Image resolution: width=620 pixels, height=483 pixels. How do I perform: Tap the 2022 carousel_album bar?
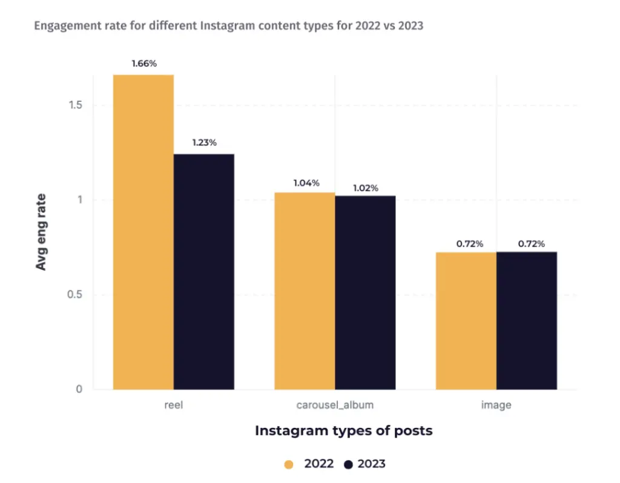[x=305, y=291]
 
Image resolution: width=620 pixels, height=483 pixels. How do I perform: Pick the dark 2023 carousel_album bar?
[x=365, y=293]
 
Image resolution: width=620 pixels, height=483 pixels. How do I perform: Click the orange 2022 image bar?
[x=466, y=321]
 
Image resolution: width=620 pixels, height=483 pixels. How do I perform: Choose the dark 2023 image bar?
[x=527, y=321]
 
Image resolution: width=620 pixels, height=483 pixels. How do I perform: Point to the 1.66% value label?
[x=144, y=63]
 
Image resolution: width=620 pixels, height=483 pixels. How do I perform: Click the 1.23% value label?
[x=204, y=142]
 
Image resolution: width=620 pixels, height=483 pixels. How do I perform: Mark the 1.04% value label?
[x=306, y=183]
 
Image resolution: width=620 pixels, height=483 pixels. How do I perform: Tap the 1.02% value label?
[x=365, y=188]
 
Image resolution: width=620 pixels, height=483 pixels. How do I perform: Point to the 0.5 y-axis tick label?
[x=74, y=295]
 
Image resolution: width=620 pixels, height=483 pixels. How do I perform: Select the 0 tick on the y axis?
[x=79, y=390]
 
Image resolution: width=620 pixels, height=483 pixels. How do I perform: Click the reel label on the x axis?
[x=173, y=405]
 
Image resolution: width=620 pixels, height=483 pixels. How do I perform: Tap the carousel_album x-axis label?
[x=335, y=405]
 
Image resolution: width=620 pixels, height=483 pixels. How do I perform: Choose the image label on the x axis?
[x=496, y=405]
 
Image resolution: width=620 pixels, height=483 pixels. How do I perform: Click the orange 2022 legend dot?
[x=289, y=464]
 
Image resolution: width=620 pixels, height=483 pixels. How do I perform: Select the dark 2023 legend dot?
[x=348, y=464]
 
